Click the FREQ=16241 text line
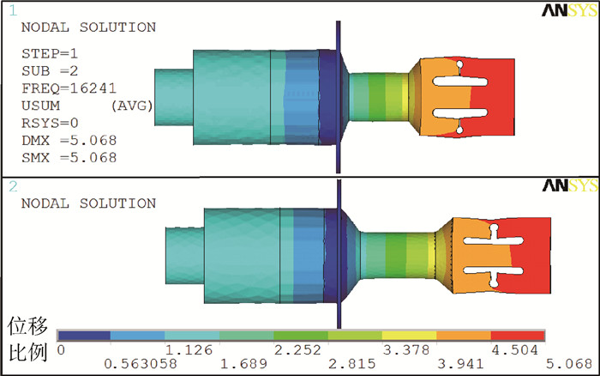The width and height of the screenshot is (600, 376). (69, 88)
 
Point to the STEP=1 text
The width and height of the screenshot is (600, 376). (50, 53)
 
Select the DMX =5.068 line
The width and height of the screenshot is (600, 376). (69, 140)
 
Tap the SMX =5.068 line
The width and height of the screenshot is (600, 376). (69, 158)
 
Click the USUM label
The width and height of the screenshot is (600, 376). (40, 106)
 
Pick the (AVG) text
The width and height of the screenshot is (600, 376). (132, 106)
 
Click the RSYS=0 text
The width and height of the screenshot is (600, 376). (50, 123)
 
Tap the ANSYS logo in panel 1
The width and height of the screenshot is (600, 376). (569, 10)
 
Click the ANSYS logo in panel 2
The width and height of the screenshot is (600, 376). (570, 185)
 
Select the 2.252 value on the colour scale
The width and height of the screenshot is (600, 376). (297, 349)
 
